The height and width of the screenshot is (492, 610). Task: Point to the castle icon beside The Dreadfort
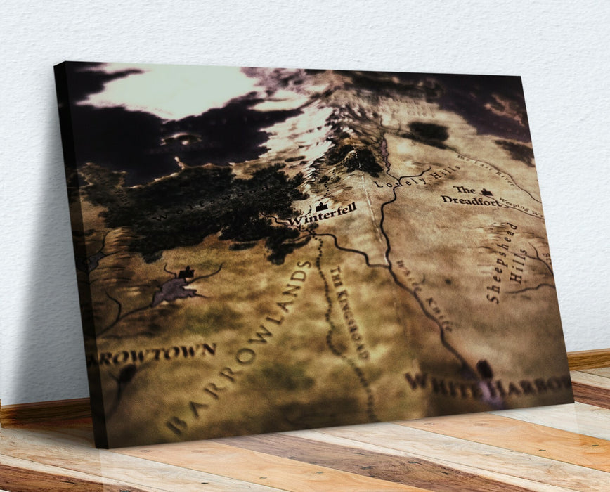click(486, 191)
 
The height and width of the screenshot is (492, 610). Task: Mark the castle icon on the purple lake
click(186, 273)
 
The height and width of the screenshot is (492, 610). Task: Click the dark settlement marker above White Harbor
click(484, 368)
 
